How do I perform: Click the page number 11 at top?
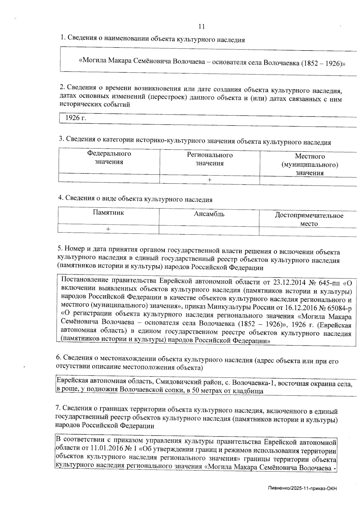202,27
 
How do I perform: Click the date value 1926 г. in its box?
76,118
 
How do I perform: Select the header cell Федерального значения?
109,158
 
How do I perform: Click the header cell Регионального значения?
210,159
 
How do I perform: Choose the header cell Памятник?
108,213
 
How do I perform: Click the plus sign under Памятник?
108,229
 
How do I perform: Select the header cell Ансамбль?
209,214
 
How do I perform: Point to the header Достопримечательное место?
309,220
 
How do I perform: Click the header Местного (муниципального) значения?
310,164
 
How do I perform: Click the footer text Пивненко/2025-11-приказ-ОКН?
302,489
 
